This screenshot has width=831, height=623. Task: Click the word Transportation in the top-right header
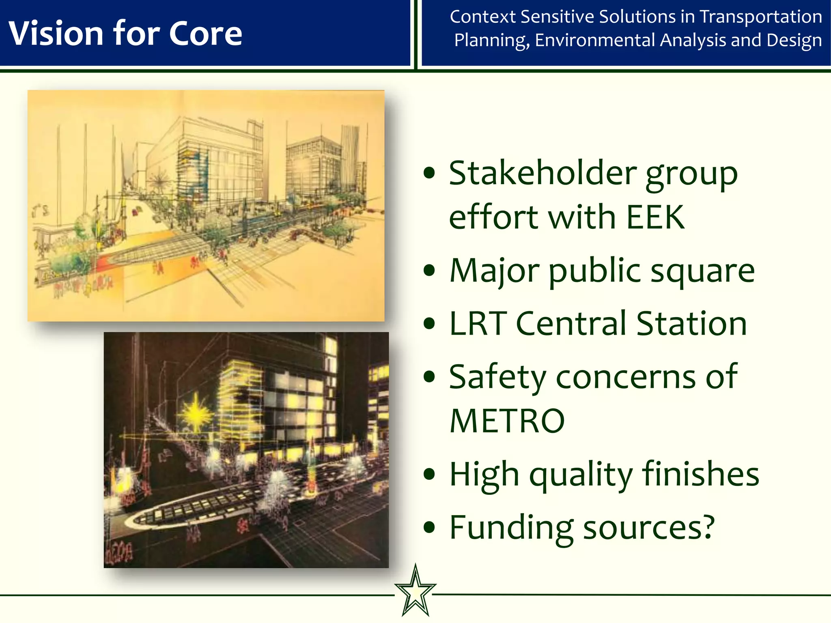[761, 17]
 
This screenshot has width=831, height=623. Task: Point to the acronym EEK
[655, 217]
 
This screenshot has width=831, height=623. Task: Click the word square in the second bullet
[702, 271]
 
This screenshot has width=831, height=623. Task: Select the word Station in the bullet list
[691, 324]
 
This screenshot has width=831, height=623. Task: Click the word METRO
[507, 421]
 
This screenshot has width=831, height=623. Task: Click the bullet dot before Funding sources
[429, 528]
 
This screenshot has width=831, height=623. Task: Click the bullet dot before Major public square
[429, 271]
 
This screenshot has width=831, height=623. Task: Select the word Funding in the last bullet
[511, 527]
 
